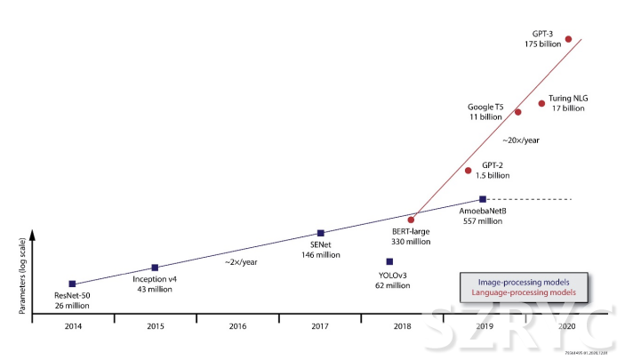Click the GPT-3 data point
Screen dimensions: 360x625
pyautogui.click(x=569, y=38)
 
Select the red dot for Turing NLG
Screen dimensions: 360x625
pyautogui.click(x=541, y=103)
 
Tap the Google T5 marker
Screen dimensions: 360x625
pyautogui.click(x=518, y=112)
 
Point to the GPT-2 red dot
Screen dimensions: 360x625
pyautogui.click(x=469, y=170)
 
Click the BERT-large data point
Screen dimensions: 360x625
pyautogui.click(x=411, y=219)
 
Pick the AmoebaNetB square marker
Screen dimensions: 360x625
pyautogui.click(x=482, y=199)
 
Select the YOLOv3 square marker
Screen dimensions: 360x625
pyautogui.click(x=389, y=261)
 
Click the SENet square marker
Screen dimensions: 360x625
pyautogui.click(x=320, y=233)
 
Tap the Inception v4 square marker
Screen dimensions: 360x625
pyautogui.click(x=156, y=267)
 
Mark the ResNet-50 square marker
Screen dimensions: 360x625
pyautogui.click(x=72, y=284)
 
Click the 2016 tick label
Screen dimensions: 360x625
pyautogui.click(x=237, y=326)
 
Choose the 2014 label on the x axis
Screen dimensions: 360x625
pyautogui.click(x=72, y=326)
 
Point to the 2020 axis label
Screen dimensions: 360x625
pyautogui.click(x=567, y=326)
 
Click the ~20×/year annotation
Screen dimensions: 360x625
pyautogui.click(x=520, y=140)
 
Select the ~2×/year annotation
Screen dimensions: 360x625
pyautogui.click(x=240, y=262)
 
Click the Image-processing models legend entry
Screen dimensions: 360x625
pyautogui.click(x=525, y=280)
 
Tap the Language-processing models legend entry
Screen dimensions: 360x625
pyautogui.click(x=525, y=292)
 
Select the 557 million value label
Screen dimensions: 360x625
pyautogui.click(x=483, y=221)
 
